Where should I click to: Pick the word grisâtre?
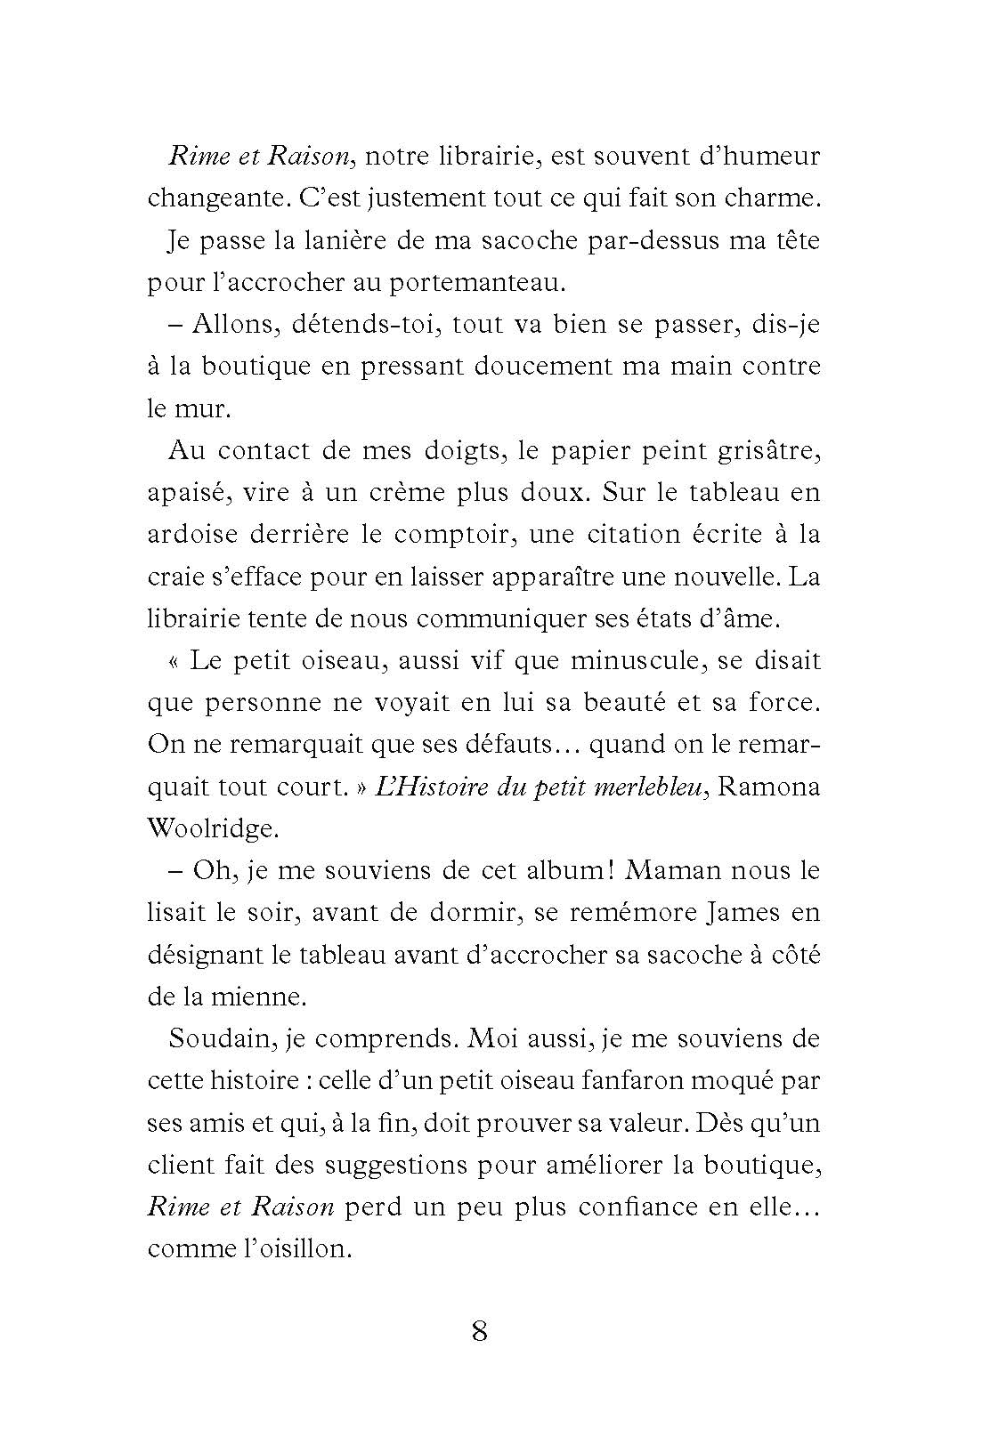pyautogui.click(x=767, y=451)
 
